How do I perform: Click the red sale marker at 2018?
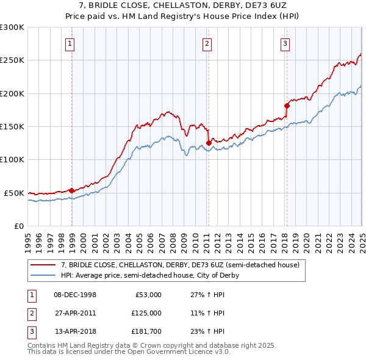pyautogui.click(x=287, y=106)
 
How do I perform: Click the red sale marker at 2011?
pyautogui.click(x=209, y=143)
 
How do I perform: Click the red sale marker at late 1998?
pyautogui.click(x=72, y=190)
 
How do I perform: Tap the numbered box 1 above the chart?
pyautogui.click(x=71, y=43)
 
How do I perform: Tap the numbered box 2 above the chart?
pyautogui.click(x=207, y=43)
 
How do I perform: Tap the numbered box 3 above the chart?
pyautogui.click(x=285, y=43)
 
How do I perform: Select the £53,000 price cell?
pyautogui.click(x=147, y=295)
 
